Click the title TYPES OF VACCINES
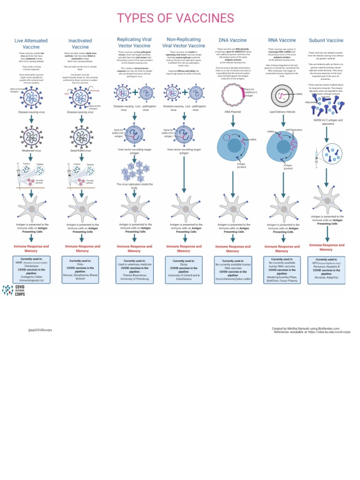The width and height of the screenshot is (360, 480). [175, 18]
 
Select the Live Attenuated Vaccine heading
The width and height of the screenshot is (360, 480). [31, 44]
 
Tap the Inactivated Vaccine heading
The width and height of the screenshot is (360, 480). [80, 44]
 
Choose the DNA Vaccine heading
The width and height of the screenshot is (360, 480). [232, 40]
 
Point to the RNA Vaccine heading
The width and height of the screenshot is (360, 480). [282, 40]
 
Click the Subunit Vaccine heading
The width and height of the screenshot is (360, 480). [326, 40]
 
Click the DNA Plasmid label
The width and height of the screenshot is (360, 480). [233, 112]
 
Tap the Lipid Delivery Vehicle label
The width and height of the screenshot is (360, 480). [282, 112]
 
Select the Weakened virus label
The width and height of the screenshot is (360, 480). [31, 151]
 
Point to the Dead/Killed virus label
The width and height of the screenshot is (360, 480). [81, 151]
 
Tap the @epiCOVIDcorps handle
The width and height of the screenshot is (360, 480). [40, 330]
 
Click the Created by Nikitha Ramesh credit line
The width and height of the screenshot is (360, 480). [306, 329]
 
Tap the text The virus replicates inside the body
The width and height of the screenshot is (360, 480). [135, 186]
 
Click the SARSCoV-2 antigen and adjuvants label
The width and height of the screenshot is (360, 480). [328, 122]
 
